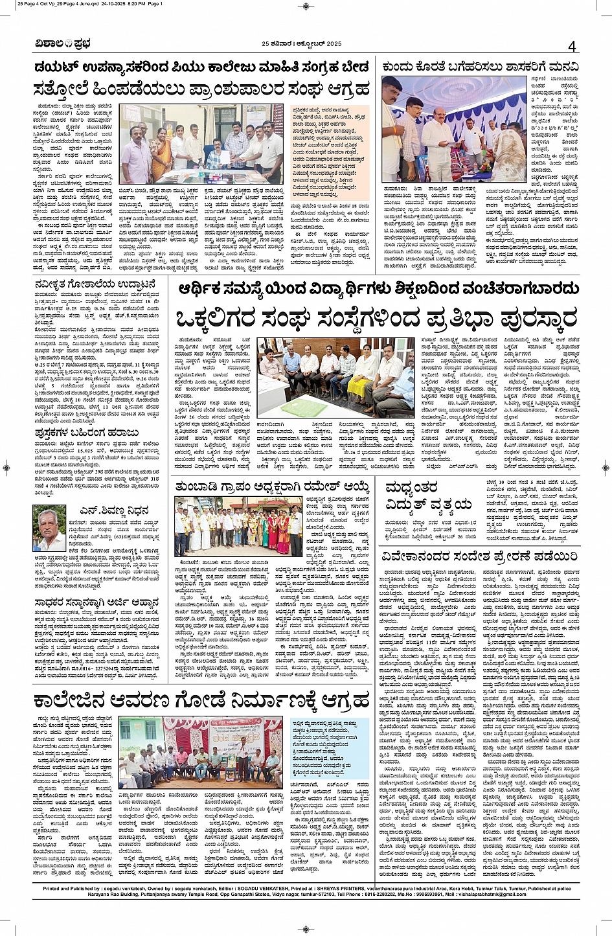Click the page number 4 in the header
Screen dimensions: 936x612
pyautogui.click(x=571, y=45)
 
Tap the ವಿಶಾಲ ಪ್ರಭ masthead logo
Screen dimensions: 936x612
pyautogui.click(x=63, y=44)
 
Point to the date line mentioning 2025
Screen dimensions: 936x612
pyautogui.click(x=301, y=44)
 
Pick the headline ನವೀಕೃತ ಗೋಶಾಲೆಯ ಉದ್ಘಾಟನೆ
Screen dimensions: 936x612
pyautogui.click(x=95, y=284)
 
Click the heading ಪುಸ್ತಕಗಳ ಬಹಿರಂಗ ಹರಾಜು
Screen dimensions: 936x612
pyautogui.click(x=86, y=432)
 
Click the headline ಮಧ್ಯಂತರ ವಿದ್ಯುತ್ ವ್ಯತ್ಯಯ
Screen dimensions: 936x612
pyautogui.click(x=429, y=496)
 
